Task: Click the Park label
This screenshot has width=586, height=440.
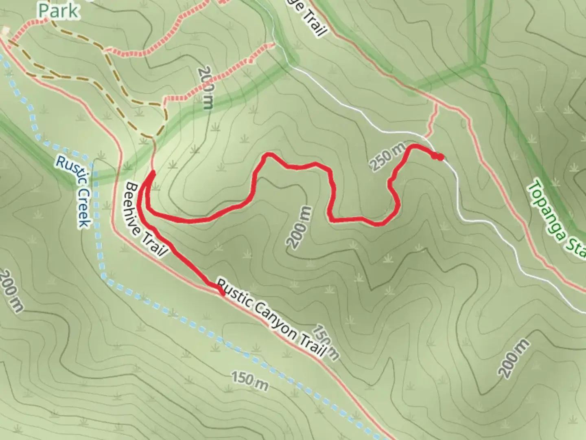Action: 58,11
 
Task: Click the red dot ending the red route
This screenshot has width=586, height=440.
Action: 439,157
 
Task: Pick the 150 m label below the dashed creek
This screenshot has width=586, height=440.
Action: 250,380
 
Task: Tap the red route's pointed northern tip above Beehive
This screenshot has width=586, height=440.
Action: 153,173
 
